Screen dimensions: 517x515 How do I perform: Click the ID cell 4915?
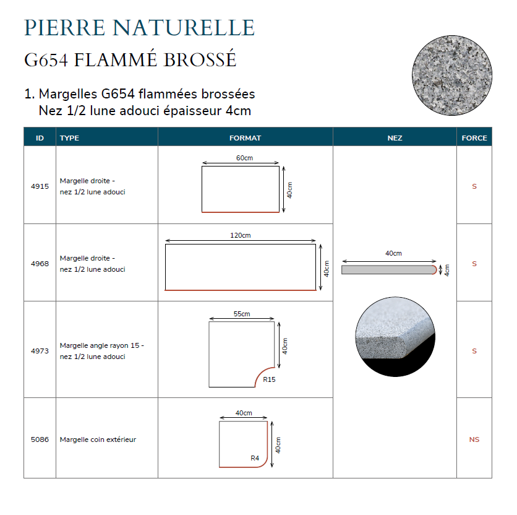40,186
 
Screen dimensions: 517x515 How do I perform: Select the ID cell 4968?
40,264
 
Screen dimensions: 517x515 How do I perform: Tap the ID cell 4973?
40,350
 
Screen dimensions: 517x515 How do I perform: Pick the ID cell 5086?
40,439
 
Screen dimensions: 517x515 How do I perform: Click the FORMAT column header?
245,138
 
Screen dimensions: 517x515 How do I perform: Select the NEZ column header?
395,138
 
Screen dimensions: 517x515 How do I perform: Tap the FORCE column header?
474,138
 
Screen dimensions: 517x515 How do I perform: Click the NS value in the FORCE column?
474,439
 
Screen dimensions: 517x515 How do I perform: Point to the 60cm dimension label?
244,158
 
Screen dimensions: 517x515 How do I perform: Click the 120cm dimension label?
241,235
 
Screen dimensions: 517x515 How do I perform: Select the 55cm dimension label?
242,314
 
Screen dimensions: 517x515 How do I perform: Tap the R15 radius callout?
269,379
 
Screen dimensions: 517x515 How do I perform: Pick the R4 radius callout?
255,458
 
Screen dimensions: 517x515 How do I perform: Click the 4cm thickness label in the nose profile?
446,270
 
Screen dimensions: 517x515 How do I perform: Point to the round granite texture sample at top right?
452,76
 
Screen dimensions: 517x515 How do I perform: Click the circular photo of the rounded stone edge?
395,337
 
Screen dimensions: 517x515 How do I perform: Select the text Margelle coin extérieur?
98,439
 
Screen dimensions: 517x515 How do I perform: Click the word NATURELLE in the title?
183,27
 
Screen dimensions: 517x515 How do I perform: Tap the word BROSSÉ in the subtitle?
200,59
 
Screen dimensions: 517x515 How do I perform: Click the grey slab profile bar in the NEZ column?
389,270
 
